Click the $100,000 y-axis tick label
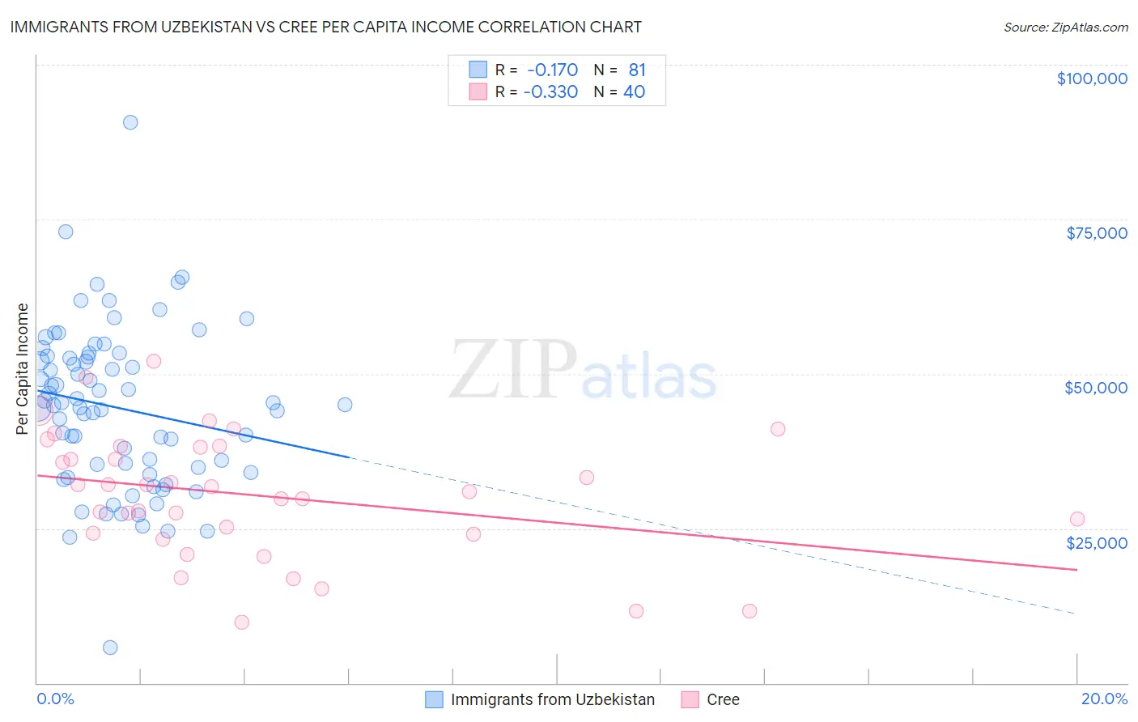tap(1091, 79)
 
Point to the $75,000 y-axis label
tap(1096, 233)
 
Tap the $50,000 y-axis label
tap(1095, 388)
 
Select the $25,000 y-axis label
tap(1096, 542)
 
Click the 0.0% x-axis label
tap(55, 699)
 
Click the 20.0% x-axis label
tap(1104, 699)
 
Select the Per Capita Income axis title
tap(23, 368)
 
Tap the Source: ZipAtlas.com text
tap(1065, 27)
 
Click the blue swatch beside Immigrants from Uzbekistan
tap(435, 699)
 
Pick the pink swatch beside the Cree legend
tap(690, 699)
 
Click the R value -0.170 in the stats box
tap(552, 70)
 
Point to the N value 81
tap(637, 70)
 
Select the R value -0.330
tap(550, 92)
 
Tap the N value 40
tap(634, 92)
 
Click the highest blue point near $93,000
tap(130, 122)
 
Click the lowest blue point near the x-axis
tap(110, 648)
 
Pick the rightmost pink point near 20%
tap(1076, 519)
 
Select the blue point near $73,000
tap(66, 231)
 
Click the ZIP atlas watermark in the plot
tap(583, 370)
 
